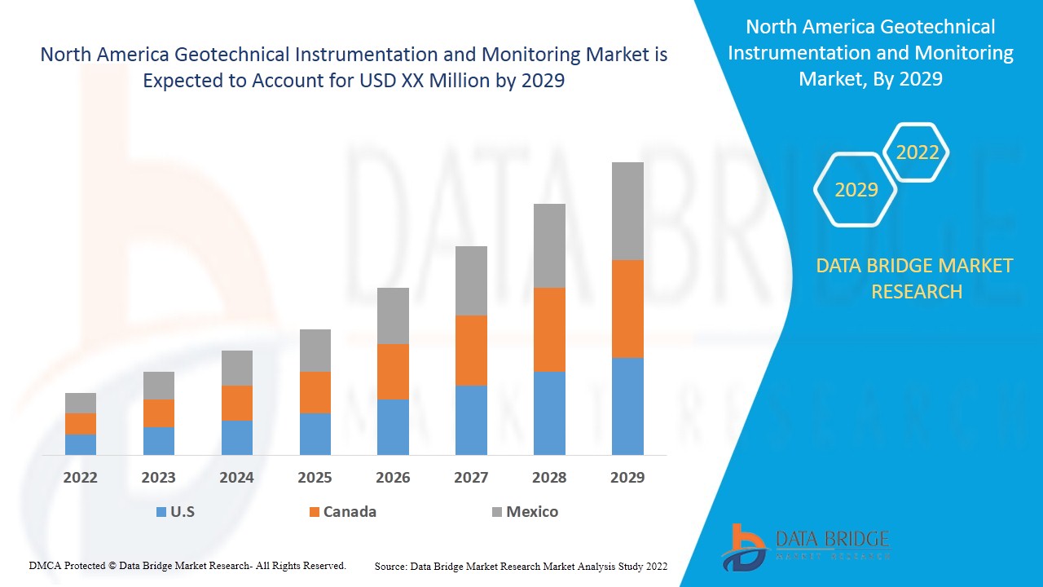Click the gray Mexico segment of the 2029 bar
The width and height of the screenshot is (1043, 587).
pos(627,210)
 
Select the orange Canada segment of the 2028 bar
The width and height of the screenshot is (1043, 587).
pos(549,329)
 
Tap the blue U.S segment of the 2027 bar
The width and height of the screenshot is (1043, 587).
pos(471,420)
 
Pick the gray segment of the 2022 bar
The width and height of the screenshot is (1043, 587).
pos(81,403)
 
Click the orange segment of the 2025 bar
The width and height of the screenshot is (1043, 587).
pos(315,392)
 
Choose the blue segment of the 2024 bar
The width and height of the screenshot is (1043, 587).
pos(237,438)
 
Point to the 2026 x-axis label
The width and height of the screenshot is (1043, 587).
pos(393,477)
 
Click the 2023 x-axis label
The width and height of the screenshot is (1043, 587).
pos(159,477)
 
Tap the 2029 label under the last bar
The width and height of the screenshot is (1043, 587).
pos(627,477)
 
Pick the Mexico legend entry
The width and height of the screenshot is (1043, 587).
pos(525,512)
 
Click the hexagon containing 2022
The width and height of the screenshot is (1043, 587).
pos(918,152)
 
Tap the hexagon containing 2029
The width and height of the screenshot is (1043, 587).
pos(856,190)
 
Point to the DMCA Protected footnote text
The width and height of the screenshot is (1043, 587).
pos(187,565)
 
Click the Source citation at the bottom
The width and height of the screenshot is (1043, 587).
pos(521,566)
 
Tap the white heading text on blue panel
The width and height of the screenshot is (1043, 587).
pos(870,53)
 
